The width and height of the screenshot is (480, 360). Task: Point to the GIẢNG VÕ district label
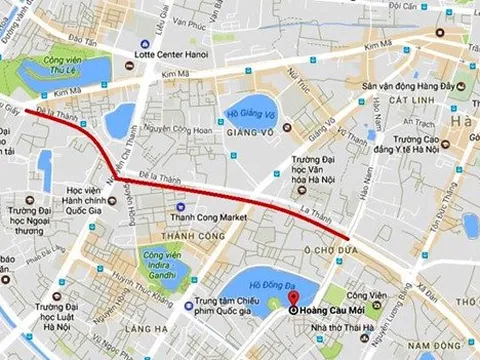249,131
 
